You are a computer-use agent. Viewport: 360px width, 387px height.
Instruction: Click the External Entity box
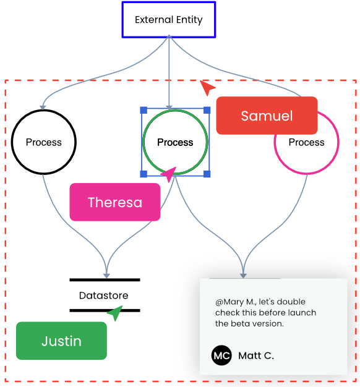click(x=169, y=20)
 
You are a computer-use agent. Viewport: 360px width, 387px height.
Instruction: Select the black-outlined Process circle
click(x=12, y=142)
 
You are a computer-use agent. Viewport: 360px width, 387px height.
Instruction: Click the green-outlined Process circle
click(x=144, y=142)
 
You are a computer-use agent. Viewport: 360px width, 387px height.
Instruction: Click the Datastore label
click(x=104, y=296)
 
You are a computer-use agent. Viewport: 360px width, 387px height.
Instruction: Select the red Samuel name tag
click(x=267, y=116)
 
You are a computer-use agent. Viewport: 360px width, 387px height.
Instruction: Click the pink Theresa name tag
click(x=115, y=202)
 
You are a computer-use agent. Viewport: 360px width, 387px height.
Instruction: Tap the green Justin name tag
click(x=61, y=341)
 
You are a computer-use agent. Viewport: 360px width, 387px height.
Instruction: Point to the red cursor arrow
click(x=207, y=87)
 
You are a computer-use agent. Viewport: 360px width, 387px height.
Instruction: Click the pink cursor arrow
click(x=169, y=174)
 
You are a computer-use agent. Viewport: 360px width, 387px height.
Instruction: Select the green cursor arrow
click(x=116, y=313)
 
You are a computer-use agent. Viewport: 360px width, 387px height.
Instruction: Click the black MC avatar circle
click(x=221, y=355)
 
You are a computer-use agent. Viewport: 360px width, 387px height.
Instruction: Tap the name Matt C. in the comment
click(x=256, y=355)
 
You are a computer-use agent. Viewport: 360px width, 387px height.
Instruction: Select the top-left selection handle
click(x=144, y=110)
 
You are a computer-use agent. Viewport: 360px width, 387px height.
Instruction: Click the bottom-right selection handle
click(x=207, y=174)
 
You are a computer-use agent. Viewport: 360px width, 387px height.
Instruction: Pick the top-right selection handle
click(x=207, y=110)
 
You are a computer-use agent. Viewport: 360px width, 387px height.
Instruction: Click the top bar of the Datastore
click(x=105, y=280)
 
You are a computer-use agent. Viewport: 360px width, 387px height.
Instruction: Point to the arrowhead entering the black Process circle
click(x=43, y=108)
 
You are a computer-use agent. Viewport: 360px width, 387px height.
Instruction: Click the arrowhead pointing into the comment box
click(x=243, y=276)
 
